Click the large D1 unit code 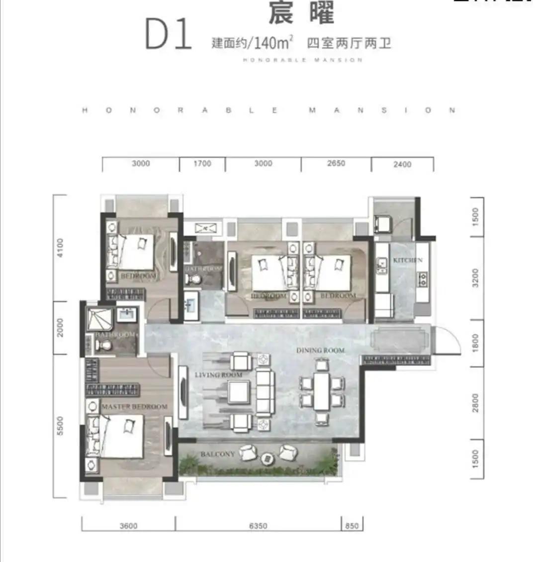[x=169, y=34]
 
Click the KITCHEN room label [x=408, y=260]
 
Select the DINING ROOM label [x=320, y=350]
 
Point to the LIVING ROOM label [x=218, y=375]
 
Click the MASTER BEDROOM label [x=134, y=407]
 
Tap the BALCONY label [x=217, y=454]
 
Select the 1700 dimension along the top [x=202, y=163]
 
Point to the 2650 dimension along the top [x=336, y=163]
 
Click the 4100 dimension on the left [x=60, y=247]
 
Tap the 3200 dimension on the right [x=475, y=277]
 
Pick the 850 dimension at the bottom [x=352, y=526]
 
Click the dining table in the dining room [x=322, y=391]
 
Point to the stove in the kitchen [x=423, y=279]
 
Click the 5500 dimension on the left [x=60, y=426]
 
